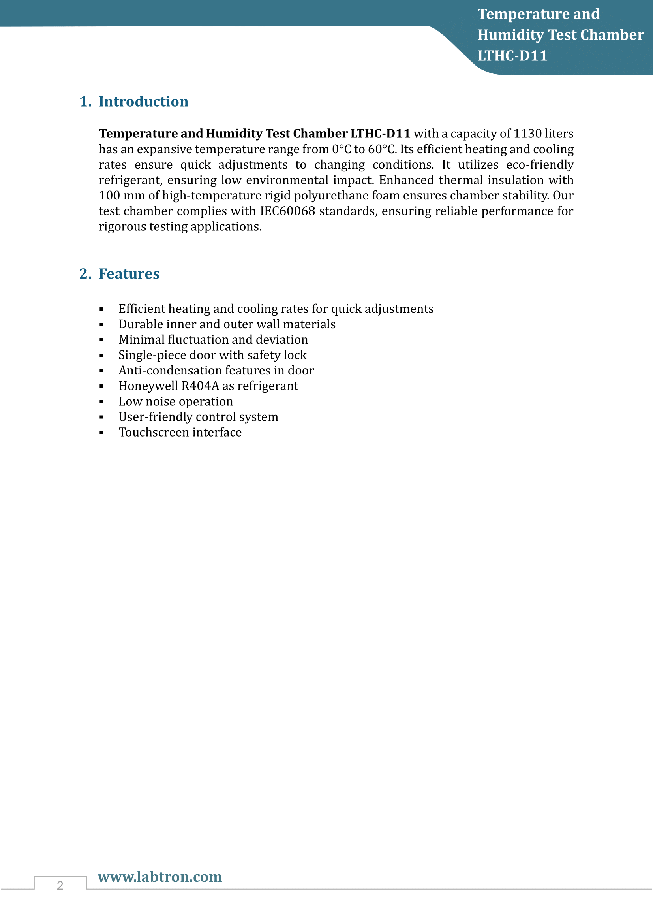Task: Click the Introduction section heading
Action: (143, 102)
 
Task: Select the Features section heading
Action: (129, 274)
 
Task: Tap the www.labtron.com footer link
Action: (159, 877)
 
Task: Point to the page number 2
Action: (60, 885)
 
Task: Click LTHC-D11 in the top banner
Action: (512, 56)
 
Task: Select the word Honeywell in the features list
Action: (148, 386)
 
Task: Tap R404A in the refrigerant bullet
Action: (200, 386)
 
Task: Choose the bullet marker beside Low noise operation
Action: (101, 402)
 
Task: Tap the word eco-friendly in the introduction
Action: (540, 165)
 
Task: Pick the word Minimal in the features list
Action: (142, 340)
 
